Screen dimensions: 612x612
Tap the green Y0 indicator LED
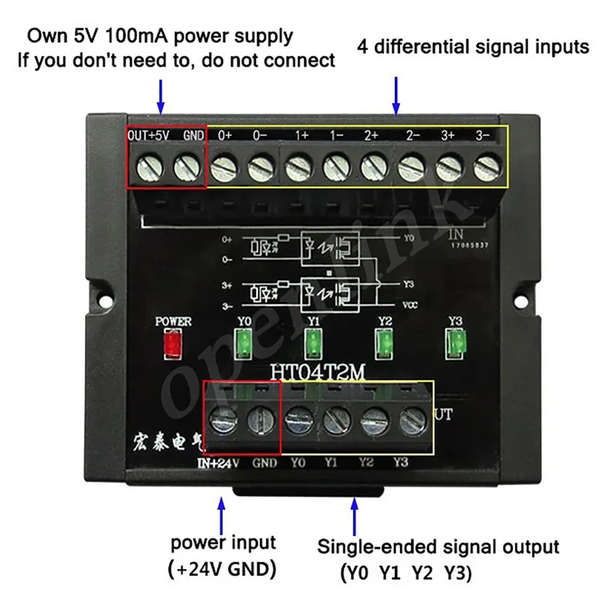[x=244, y=343]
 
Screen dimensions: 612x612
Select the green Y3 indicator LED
[x=456, y=342]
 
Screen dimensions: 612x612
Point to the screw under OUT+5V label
[x=148, y=164]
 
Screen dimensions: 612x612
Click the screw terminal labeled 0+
[x=223, y=164]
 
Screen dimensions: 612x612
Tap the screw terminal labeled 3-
[x=485, y=164]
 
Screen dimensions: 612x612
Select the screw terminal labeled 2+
[x=373, y=164]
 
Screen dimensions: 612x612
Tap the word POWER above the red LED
[x=173, y=321]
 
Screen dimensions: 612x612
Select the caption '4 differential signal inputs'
[x=474, y=47]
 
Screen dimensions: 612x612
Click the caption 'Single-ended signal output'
[x=439, y=548]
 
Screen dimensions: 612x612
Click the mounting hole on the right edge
[x=525, y=291]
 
